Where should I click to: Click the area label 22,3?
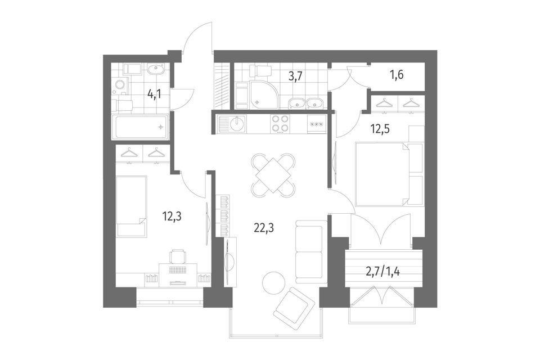[x=264, y=228]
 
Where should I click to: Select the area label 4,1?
[x=154, y=94]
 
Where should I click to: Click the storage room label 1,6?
[x=397, y=74]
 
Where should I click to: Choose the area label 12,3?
[x=172, y=217]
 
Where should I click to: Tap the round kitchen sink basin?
[x=237, y=124]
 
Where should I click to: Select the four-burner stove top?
[x=280, y=124]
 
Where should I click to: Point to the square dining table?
[x=272, y=175]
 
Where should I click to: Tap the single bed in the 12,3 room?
[x=132, y=206]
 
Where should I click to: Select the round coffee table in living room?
[x=273, y=283]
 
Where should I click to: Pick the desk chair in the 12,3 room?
[x=178, y=256]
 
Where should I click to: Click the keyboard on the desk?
[x=178, y=269]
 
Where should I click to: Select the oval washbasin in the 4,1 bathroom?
[x=156, y=69]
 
